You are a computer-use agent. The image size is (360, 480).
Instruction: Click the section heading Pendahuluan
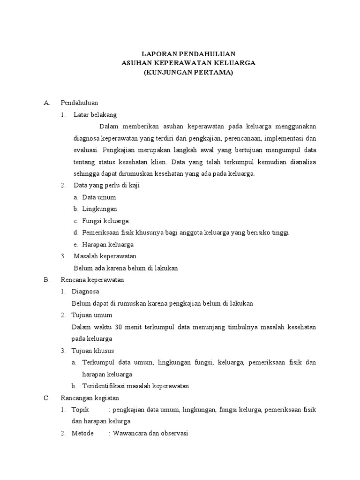pyautogui.click(x=79, y=102)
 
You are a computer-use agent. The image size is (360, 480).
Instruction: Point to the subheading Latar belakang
pyautogui.click(x=95, y=114)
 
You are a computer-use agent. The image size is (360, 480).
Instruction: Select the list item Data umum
pyautogui.click(x=99, y=197)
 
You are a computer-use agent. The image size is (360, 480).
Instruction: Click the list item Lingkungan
pyautogui.click(x=99, y=209)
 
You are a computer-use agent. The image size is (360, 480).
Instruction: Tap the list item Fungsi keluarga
pyautogui.click(x=105, y=221)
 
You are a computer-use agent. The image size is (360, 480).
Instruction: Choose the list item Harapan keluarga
pyautogui.click(x=108, y=244)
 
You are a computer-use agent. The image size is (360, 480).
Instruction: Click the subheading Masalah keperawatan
pyautogui.click(x=105, y=256)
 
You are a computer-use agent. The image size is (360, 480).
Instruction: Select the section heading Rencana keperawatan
pyautogui.click(x=92, y=280)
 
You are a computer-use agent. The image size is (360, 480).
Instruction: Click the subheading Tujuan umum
pyautogui.click(x=92, y=315)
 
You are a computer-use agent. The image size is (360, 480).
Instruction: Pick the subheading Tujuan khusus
pyautogui.click(x=93, y=351)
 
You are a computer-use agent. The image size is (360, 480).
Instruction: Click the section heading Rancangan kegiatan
pyautogui.click(x=90, y=398)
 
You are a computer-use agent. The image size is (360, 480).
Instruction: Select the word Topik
pyautogui.click(x=80, y=410)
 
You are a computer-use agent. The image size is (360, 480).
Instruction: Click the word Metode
pyautogui.click(x=82, y=434)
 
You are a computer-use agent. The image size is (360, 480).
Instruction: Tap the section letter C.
pyautogui.click(x=46, y=398)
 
